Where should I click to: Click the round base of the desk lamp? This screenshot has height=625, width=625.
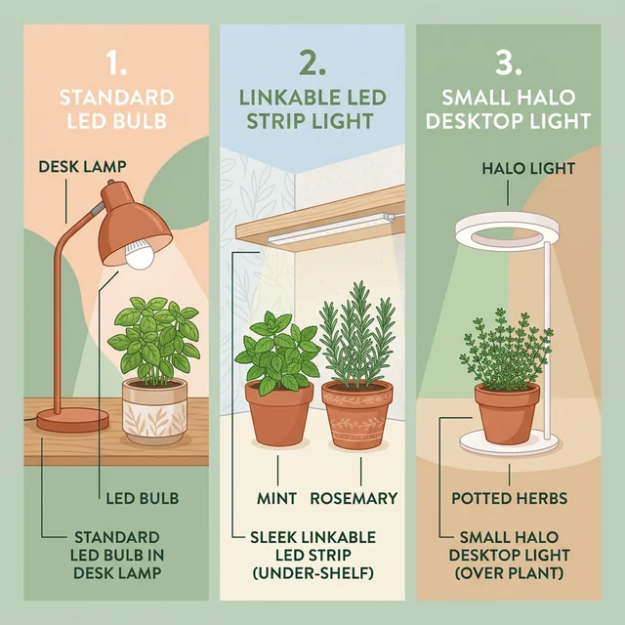pos(73,419)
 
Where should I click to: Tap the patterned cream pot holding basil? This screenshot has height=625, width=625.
pos(154,411)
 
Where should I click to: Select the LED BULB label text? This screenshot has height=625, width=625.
pos(142,499)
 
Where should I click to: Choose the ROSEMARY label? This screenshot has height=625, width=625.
pos(354,499)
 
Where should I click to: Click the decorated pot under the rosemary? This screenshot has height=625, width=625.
pos(356,415)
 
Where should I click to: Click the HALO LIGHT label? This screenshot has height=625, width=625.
pos(528,169)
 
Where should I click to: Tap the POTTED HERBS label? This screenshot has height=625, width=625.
pos(510,499)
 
